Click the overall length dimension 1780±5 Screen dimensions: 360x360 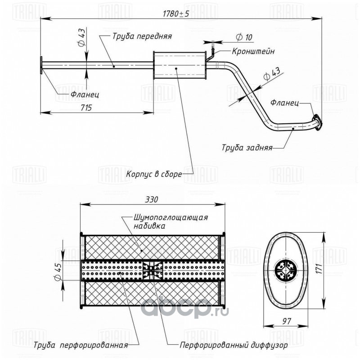176,14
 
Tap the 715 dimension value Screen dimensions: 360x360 86,108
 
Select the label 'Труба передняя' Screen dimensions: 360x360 142,36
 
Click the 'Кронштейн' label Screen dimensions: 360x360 253,51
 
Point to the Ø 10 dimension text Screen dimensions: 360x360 244,37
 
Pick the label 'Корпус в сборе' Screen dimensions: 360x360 154,174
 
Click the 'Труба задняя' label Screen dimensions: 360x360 247,148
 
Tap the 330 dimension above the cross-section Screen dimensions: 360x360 152,199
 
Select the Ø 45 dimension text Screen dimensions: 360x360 58,271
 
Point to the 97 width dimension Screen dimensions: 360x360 286,321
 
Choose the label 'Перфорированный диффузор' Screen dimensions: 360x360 234,345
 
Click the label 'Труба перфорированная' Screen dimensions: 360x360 81,345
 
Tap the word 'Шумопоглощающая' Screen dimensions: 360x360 171,217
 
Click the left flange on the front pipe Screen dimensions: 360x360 41,65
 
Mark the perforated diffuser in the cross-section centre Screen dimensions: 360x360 152,270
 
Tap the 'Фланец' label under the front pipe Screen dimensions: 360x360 85,94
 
